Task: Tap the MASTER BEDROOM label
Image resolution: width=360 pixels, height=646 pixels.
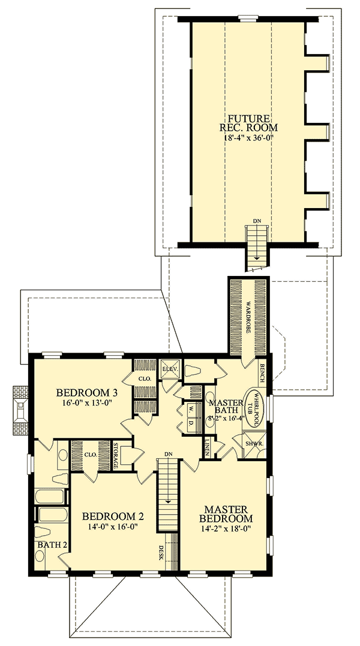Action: (227, 513)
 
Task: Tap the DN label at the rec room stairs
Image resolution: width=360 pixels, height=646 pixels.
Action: (257, 221)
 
